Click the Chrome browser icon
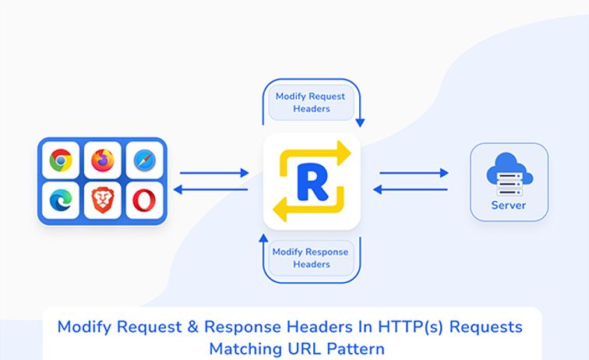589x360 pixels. pos(60,161)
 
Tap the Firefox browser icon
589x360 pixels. pos(102,161)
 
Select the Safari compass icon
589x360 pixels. pos(144,161)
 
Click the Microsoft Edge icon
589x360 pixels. pos(60,200)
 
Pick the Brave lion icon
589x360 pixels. pos(102,200)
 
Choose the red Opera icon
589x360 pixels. pos(144,200)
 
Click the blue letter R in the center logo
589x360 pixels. pos(312,182)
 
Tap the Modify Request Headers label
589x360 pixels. pos(310,103)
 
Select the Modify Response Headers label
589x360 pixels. pos(311,258)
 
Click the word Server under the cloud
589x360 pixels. pos(508,206)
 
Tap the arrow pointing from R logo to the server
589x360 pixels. pos(414,173)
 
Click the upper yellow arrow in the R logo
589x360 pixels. pos(319,154)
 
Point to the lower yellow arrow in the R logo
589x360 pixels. pos(304,208)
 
